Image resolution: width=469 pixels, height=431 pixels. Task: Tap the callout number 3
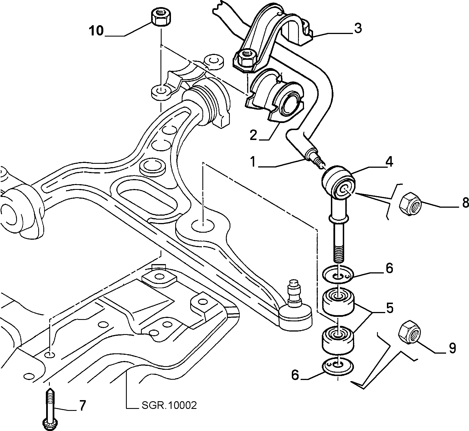[358, 28]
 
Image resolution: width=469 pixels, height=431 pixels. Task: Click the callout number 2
[253, 135]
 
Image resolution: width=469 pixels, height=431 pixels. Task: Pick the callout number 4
[389, 162]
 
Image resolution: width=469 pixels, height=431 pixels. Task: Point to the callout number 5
[390, 308]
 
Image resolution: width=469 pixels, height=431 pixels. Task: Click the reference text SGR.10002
[169, 405]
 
